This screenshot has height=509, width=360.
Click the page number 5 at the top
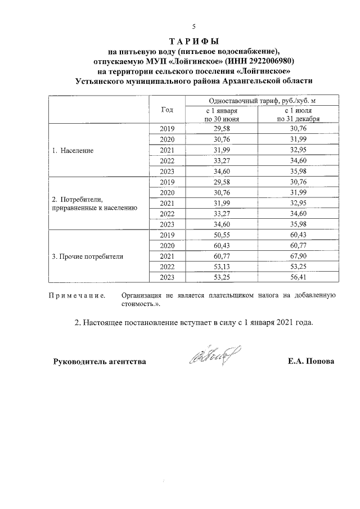tap(193, 27)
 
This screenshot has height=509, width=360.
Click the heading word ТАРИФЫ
tap(193, 42)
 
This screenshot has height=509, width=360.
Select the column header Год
tap(167, 109)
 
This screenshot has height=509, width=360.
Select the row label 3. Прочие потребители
tap(87, 256)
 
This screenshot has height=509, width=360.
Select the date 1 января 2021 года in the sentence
tap(279, 323)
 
